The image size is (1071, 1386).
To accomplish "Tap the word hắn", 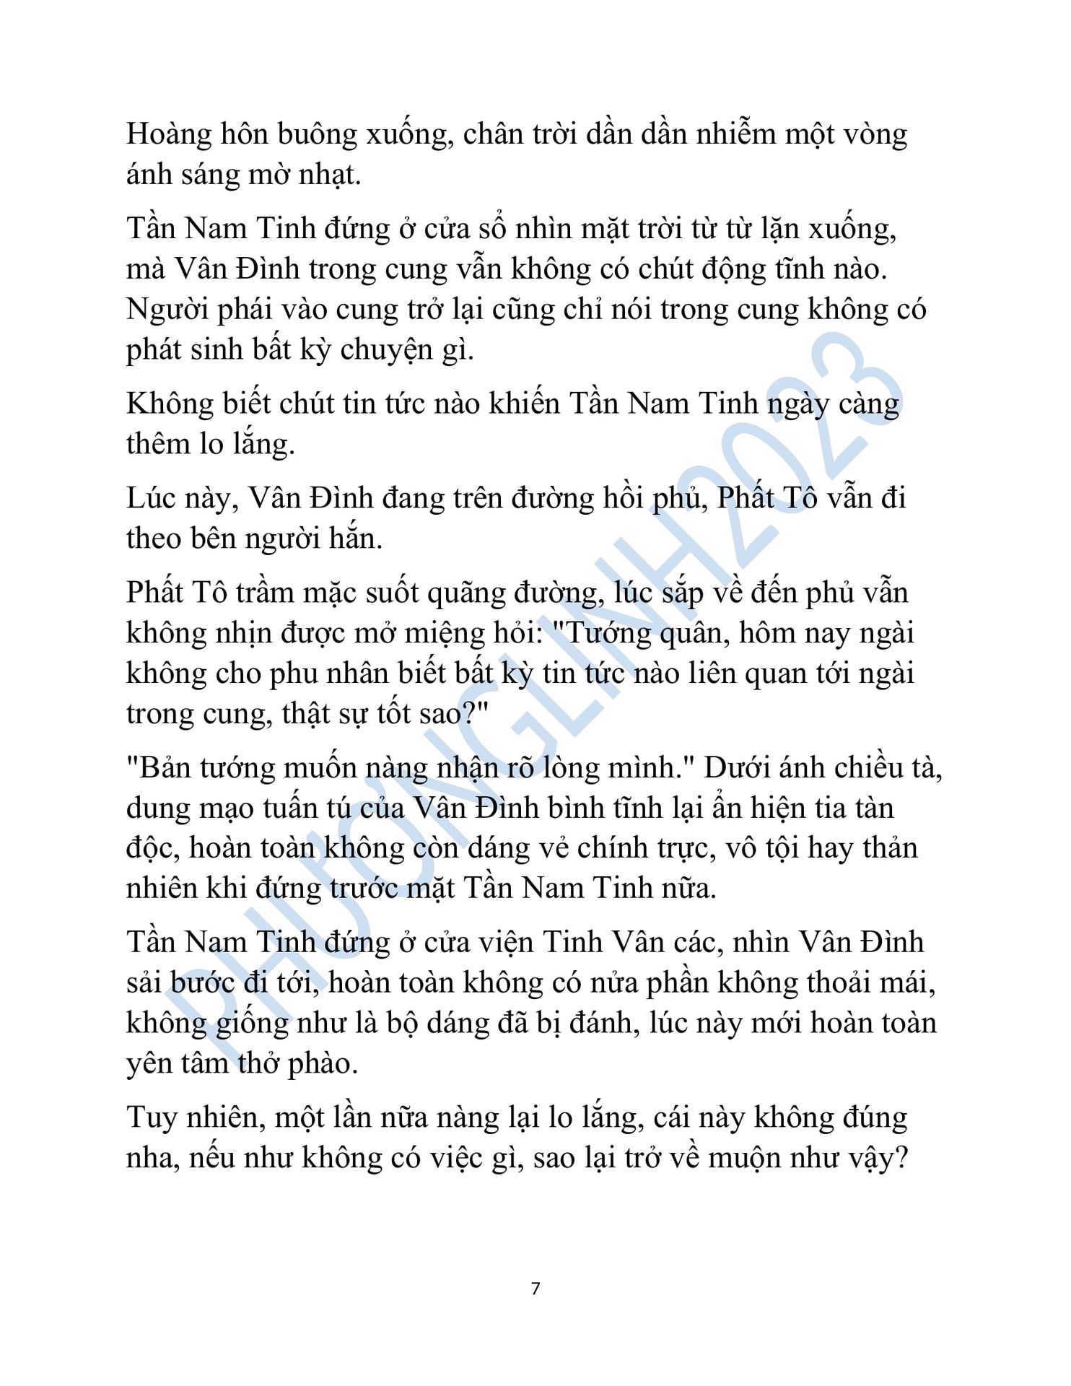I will click(x=355, y=539).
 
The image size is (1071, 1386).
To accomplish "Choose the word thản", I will click(x=886, y=849).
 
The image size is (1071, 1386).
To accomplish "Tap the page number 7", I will click(x=535, y=1289).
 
